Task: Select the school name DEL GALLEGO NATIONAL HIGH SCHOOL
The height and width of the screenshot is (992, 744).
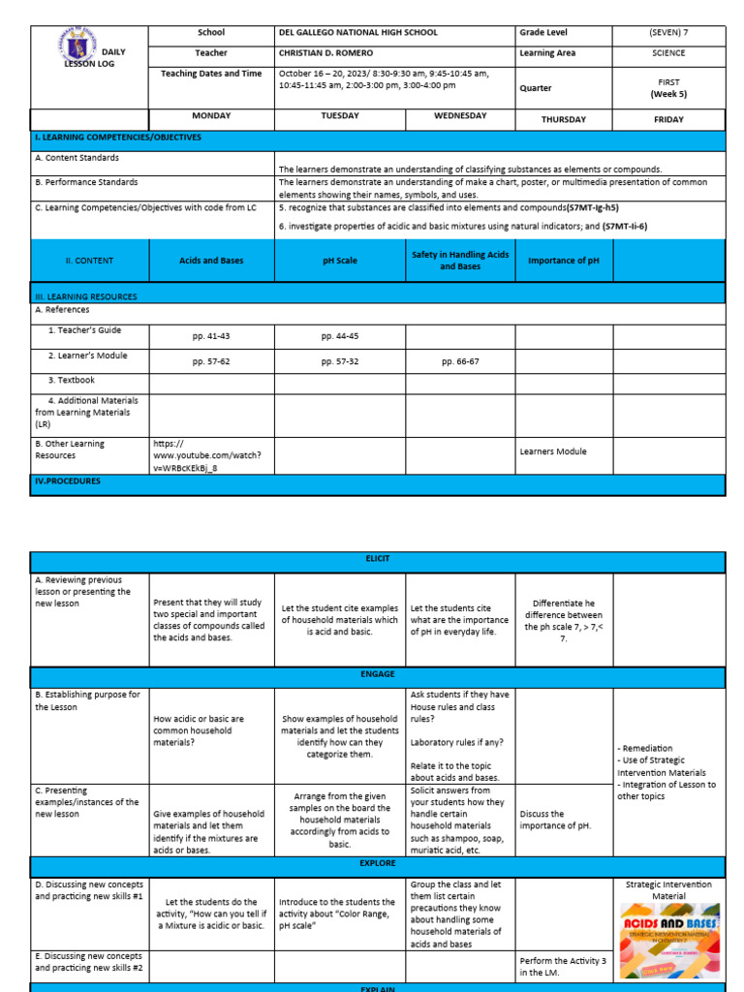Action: (357, 32)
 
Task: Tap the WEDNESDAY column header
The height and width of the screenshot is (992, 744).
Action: (459, 116)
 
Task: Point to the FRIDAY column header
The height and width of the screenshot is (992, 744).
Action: (668, 119)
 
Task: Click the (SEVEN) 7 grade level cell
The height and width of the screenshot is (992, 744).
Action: (668, 32)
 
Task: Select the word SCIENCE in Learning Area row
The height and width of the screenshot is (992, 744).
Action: (668, 53)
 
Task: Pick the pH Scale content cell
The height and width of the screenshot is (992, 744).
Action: (340, 261)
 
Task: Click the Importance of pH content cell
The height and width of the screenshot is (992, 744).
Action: (558, 261)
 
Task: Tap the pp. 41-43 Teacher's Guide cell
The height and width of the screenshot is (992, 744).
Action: (211, 336)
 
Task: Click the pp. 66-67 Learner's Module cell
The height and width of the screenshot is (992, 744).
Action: (459, 361)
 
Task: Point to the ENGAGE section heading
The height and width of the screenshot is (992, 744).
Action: (377, 678)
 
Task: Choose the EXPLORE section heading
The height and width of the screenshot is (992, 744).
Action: (377, 861)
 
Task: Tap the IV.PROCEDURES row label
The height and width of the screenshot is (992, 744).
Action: (68, 480)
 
